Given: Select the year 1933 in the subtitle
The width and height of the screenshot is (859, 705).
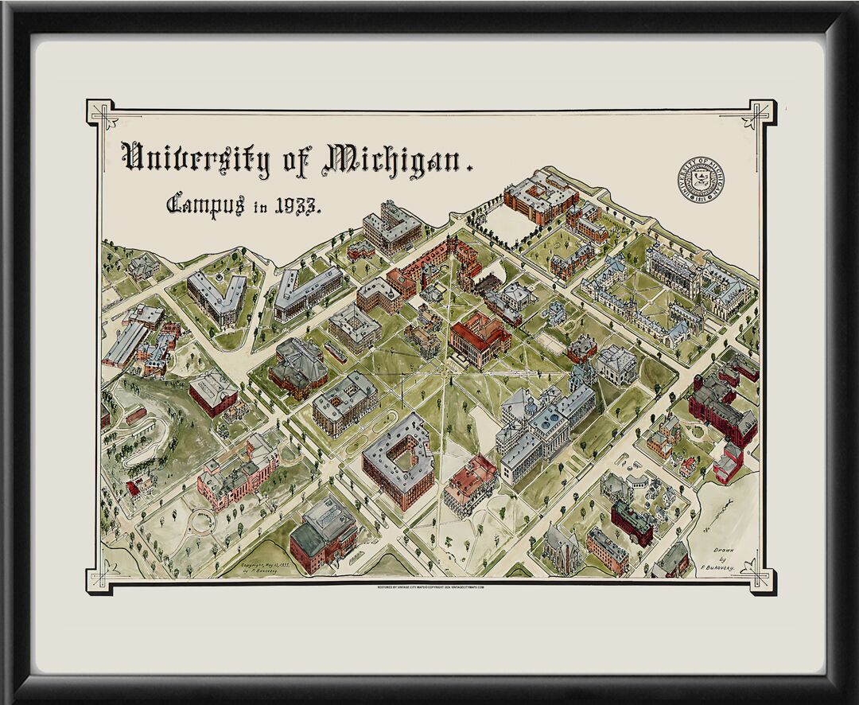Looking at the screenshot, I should pos(297,206).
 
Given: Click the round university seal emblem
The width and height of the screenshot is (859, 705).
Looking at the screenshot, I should pos(701,179).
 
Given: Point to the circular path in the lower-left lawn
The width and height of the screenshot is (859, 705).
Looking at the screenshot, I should pos(201,521).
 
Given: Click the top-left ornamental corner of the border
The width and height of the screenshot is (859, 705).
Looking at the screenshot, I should pos(101,113).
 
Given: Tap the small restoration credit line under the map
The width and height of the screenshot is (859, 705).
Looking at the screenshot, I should pos(430,587).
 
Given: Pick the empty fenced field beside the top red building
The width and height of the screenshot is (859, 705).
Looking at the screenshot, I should pos(508,223).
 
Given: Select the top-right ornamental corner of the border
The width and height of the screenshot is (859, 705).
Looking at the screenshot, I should pos(760,113).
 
